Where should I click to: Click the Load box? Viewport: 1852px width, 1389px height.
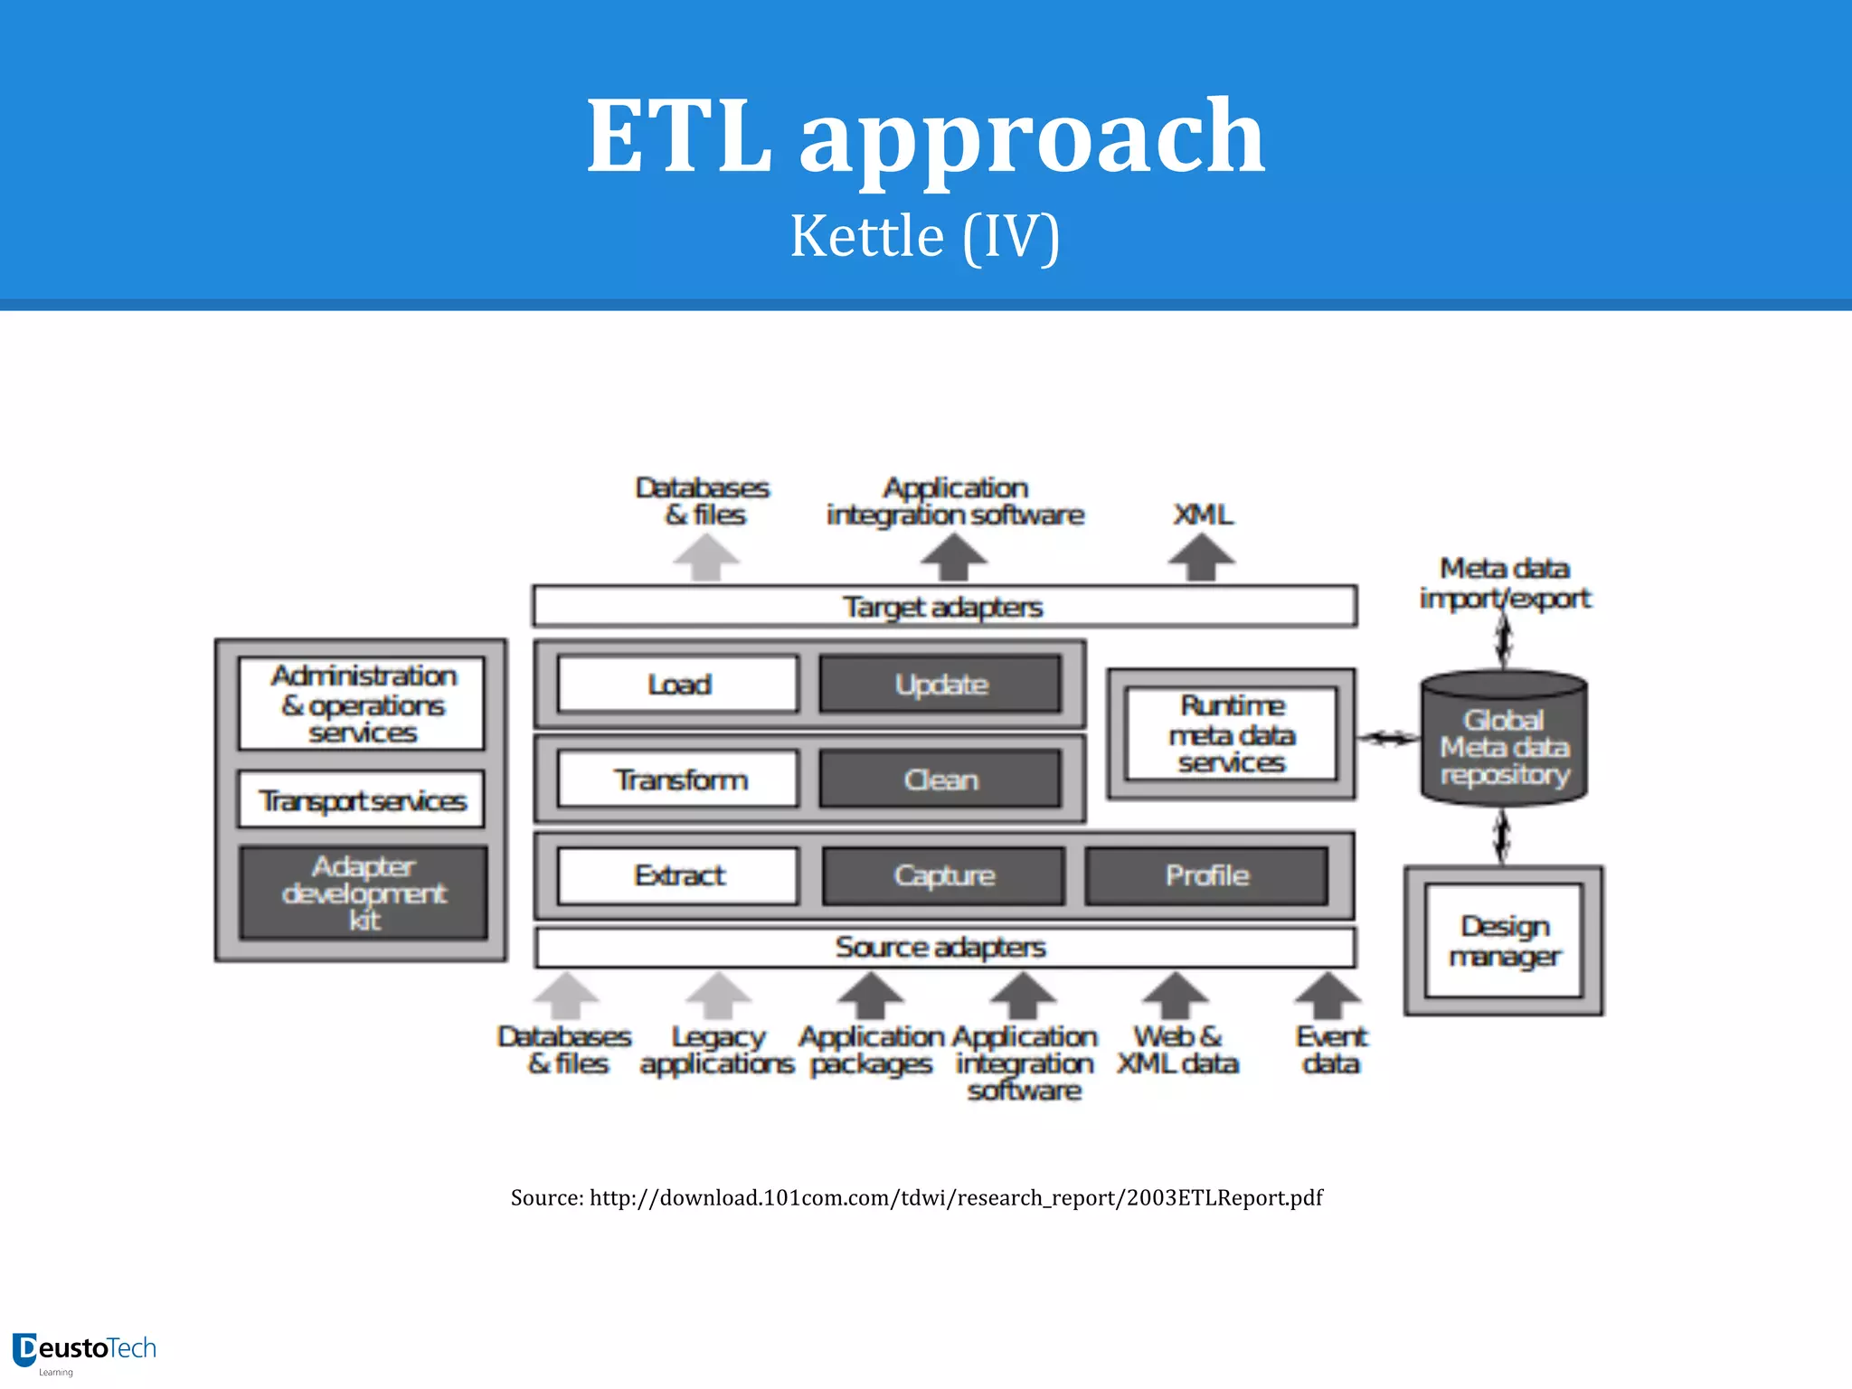pyautogui.click(x=678, y=685)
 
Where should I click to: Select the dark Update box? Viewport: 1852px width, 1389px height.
pyautogui.click(x=940, y=685)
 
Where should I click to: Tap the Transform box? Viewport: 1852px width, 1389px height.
pyautogui.click(x=678, y=780)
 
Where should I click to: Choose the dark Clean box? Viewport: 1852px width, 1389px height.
pyautogui.click(x=940, y=780)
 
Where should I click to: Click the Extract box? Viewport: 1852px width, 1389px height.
pyautogui.click(x=678, y=875)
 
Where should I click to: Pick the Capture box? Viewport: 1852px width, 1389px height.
pyautogui.click(x=943, y=875)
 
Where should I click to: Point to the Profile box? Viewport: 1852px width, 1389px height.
pyautogui.click(x=1206, y=875)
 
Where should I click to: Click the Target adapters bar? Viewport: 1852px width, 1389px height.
pyautogui.click(x=944, y=607)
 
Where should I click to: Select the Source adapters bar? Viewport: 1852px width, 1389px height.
pyautogui.click(x=944, y=948)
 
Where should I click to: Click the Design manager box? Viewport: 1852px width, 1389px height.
pyautogui.click(x=1504, y=941)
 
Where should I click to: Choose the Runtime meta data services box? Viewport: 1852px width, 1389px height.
pyautogui.click(x=1231, y=734)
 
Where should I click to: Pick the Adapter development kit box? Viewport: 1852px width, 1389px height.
pyautogui.click(x=364, y=893)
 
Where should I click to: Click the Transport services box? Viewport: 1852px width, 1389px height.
pyautogui.click(x=362, y=800)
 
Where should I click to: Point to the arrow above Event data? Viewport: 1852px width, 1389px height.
pyautogui.click(x=1328, y=997)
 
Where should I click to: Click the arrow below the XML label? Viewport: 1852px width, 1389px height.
pyautogui.click(x=1201, y=557)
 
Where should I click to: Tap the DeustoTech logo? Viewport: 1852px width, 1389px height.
pyautogui.click(x=85, y=1351)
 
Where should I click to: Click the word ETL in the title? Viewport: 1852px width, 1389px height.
pyautogui.click(x=678, y=137)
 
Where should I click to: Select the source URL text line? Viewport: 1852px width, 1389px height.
pyautogui.click(x=916, y=1197)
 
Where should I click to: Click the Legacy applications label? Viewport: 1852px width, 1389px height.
pyautogui.click(x=717, y=1050)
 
